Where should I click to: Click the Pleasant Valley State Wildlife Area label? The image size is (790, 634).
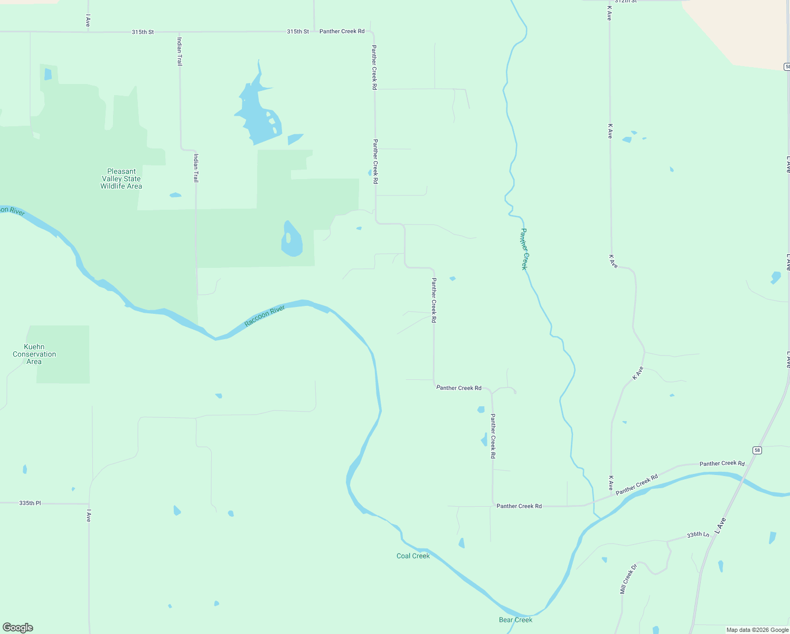pos(121,179)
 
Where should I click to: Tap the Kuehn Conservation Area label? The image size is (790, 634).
pos(34,354)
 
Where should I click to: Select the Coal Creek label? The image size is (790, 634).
pos(413,556)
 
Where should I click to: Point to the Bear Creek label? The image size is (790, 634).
pos(515,620)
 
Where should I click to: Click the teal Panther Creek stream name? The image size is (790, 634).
pos(524,249)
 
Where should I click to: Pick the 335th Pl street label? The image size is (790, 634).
pos(30,503)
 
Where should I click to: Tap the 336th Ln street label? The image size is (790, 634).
pos(698,535)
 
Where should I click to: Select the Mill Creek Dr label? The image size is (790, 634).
pos(628,579)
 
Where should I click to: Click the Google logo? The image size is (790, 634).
pos(18,628)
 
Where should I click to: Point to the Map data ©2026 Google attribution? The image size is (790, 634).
pos(757,630)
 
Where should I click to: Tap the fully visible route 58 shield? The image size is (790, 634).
pos(757,450)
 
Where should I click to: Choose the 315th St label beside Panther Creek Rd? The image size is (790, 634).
pos(298,32)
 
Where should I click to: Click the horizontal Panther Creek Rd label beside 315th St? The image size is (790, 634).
pos(342,31)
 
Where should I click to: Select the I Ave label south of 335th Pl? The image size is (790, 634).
pos(89,516)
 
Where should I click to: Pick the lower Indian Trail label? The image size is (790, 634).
pos(196,168)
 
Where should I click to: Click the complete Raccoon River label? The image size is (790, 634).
pos(265,316)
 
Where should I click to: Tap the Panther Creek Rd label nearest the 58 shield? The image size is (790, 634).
pos(722,463)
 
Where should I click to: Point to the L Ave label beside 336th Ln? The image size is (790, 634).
pos(720,526)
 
